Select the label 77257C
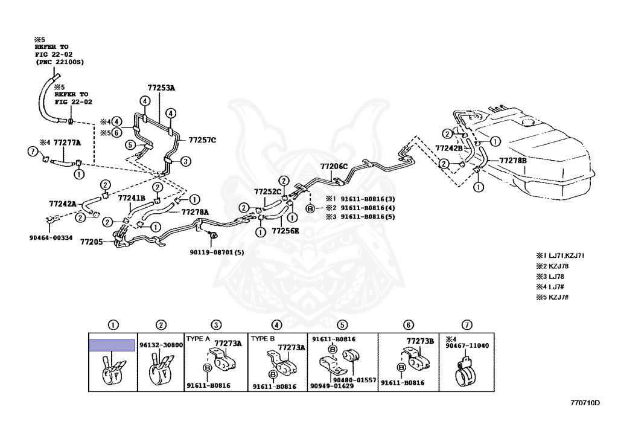(x=202, y=140)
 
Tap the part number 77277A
(x=67, y=143)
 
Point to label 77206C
(x=334, y=166)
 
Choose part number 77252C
(x=267, y=191)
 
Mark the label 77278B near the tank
(x=512, y=161)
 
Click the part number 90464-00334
(x=51, y=237)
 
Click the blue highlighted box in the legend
(x=112, y=345)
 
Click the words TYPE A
(x=197, y=338)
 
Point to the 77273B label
(x=420, y=341)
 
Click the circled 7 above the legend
(x=464, y=326)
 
